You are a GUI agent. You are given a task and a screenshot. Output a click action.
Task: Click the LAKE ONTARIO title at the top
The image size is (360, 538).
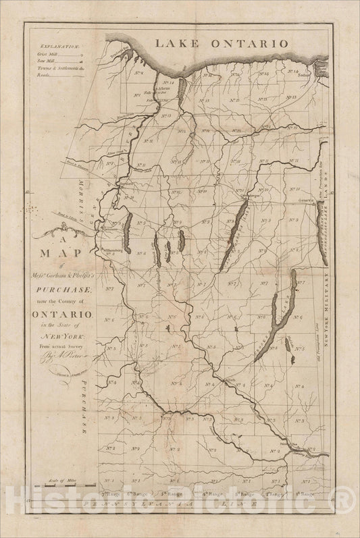[222, 43]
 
